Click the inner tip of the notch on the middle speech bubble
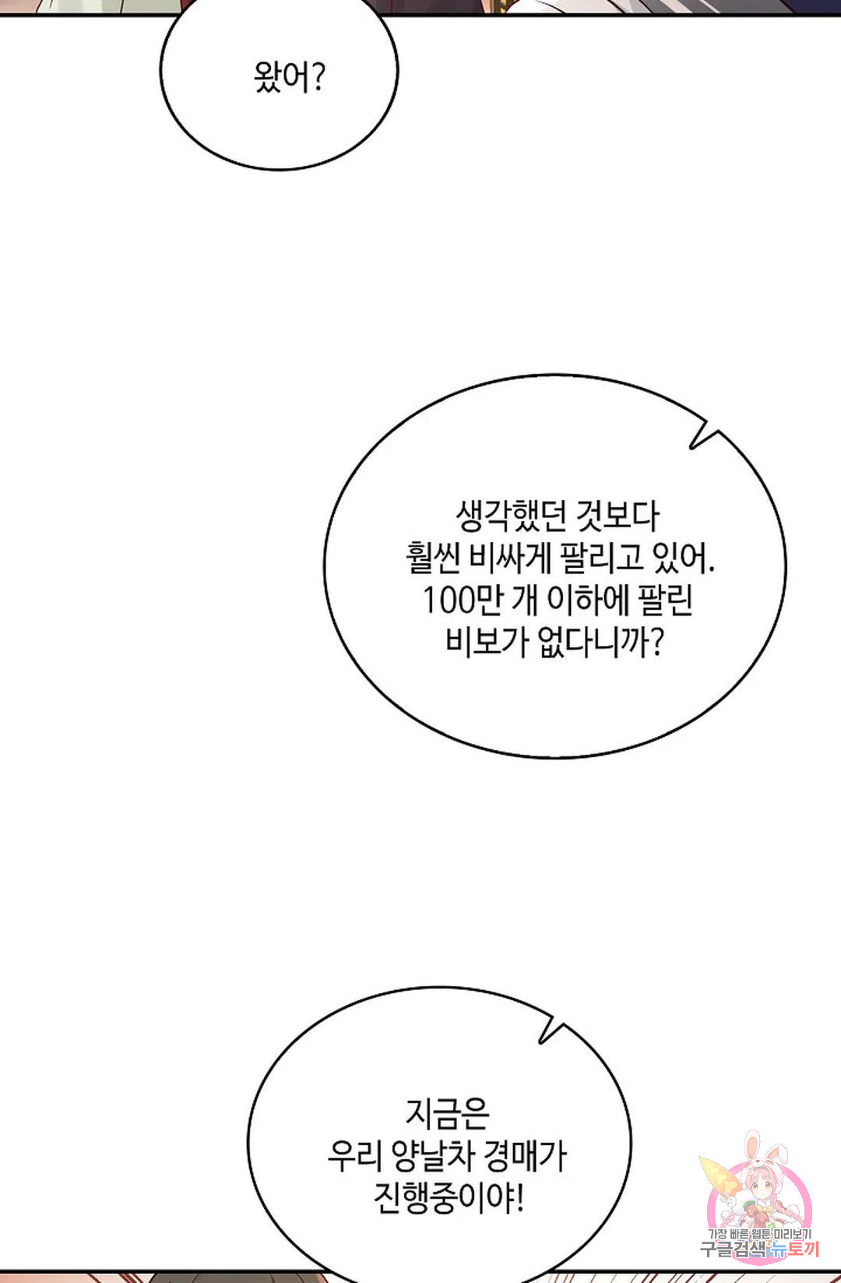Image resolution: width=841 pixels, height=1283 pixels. pos(691,447)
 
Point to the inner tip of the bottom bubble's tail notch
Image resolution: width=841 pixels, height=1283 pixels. pos(540,1042)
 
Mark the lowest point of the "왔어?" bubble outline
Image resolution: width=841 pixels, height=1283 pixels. pos(279,170)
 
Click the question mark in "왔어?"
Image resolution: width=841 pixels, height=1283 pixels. pos(319,78)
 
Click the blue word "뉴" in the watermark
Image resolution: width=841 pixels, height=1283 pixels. pos(778,1250)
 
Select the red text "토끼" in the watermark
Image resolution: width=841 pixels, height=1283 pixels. pos(804,1250)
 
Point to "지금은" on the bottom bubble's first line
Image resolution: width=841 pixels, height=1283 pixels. pos(447,1113)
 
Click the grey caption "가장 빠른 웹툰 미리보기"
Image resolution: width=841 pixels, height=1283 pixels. pos(760,1235)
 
